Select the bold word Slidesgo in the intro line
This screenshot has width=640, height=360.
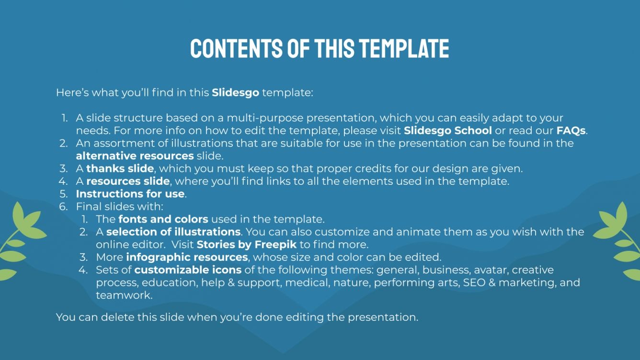235,92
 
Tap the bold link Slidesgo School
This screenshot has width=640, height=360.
448,130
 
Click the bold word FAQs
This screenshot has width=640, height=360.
571,130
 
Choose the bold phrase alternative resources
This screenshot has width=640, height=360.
135,156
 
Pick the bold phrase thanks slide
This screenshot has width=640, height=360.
120,169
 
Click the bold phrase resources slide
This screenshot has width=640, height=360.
128,181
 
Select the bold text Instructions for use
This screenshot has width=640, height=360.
130,194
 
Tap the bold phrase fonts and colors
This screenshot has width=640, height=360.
163,219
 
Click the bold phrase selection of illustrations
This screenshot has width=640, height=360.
173,232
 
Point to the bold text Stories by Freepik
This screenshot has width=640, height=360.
247,245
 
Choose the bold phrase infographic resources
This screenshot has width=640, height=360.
187,258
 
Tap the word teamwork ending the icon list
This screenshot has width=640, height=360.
124,295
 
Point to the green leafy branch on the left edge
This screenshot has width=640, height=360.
19,239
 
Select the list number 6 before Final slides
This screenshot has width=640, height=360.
63,207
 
